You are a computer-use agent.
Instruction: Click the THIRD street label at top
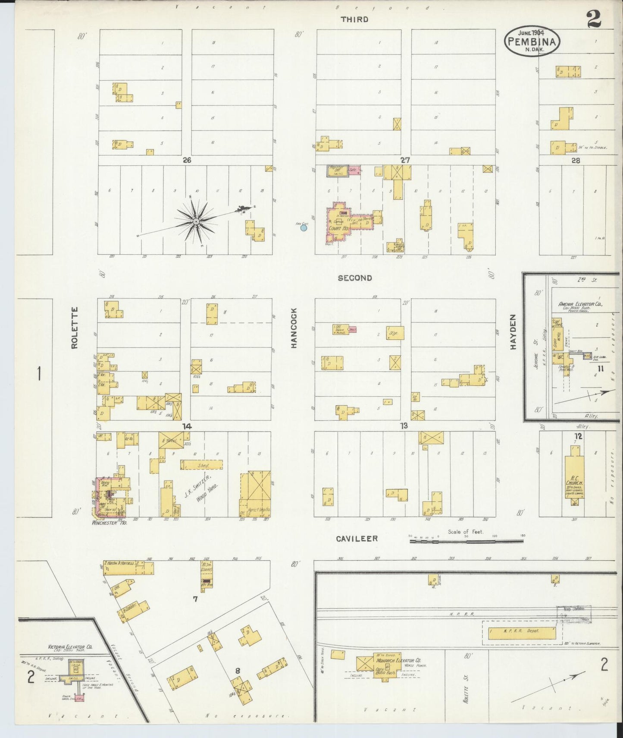pos(354,19)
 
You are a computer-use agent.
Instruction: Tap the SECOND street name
pos(355,278)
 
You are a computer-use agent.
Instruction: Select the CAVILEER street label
pos(357,539)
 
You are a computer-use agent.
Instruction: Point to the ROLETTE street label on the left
pos(75,328)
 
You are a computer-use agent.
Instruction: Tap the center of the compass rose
pos(196,221)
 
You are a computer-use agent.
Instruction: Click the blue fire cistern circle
pos(304,228)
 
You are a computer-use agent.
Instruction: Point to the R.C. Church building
pos(575,477)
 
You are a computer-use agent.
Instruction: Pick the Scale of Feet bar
pos(466,540)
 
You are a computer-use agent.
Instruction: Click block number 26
pos(186,160)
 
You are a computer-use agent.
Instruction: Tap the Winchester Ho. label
pos(106,522)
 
